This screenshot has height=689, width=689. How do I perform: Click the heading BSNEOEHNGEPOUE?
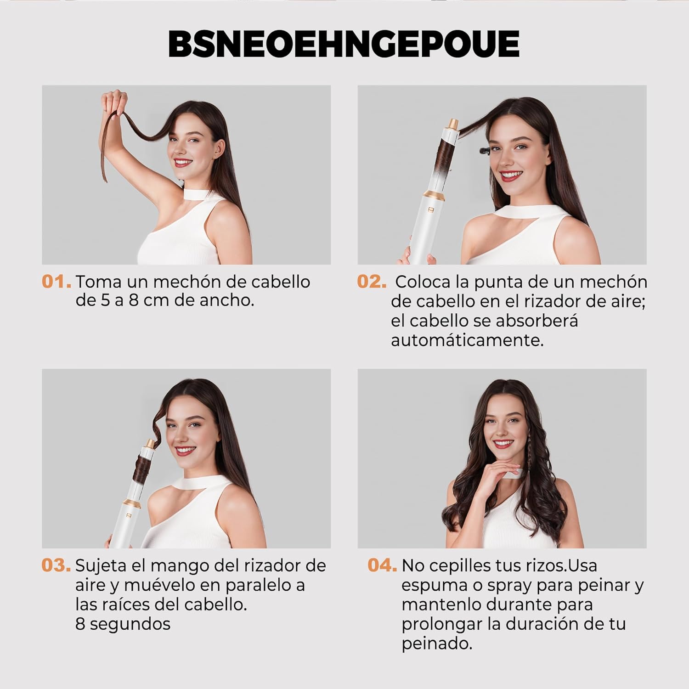[344, 44]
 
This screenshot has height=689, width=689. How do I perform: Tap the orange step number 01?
[56, 282]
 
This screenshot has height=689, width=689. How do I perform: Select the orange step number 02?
[372, 282]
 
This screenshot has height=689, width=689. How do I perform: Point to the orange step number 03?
[56, 565]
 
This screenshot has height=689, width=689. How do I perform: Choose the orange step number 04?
[382, 565]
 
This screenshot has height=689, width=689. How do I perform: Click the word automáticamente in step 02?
[467, 341]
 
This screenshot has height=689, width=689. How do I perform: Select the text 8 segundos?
[123, 624]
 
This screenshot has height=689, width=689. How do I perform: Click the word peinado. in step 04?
[437, 644]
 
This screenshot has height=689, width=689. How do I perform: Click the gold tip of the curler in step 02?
[453, 124]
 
